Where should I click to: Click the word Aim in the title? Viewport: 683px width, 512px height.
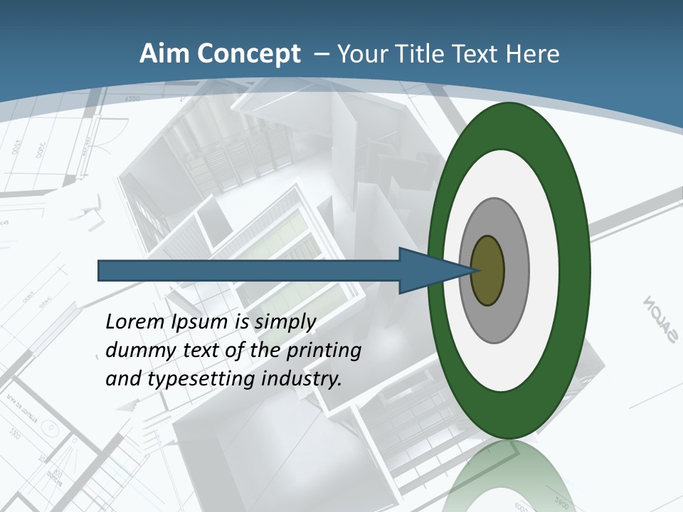click(164, 54)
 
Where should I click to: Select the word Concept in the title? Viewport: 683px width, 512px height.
click(247, 54)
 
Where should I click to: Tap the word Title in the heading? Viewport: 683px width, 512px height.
click(425, 54)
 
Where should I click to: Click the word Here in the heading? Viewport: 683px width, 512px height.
click(533, 54)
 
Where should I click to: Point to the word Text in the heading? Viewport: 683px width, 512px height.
click(480, 54)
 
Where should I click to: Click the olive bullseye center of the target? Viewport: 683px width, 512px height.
click(487, 271)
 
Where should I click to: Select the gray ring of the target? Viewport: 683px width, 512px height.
click(516, 271)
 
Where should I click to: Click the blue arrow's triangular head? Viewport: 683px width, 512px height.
click(427, 271)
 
